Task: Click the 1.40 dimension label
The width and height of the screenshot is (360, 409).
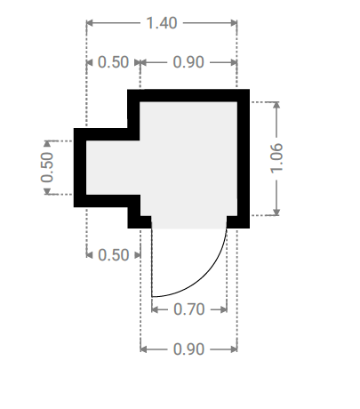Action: [162, 23]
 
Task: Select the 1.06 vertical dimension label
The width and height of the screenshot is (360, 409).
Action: [276, 158]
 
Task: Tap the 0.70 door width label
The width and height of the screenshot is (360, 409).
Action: [189, 309]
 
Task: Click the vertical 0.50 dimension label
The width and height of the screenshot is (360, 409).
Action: [47, 167]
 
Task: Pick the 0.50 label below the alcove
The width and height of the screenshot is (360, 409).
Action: [114, 255]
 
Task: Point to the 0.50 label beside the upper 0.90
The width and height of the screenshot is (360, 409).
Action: [113, 62]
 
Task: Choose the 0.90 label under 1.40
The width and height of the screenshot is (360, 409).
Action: [188, 62]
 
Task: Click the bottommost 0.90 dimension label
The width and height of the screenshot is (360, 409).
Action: [188, 349]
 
